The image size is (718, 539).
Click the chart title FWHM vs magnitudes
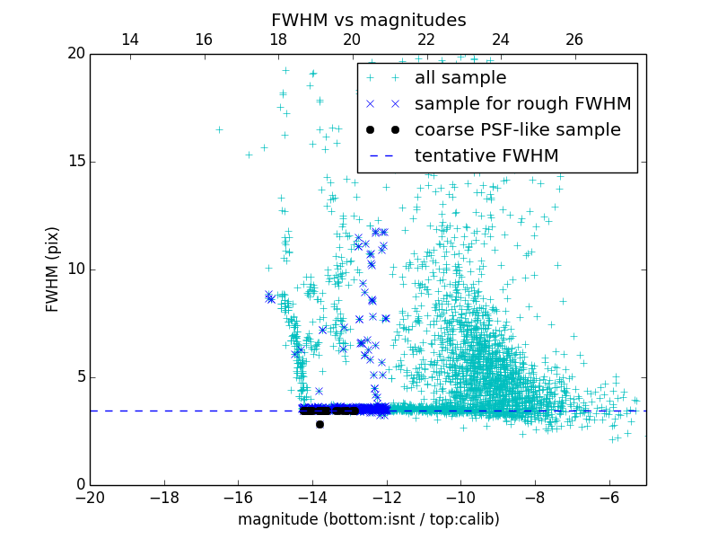click(x=368, y=20)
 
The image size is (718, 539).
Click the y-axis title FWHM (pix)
click(x=53, y=269)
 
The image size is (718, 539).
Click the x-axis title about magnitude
click(x=368, y=519)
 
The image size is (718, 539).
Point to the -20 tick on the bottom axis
click(x=90, y=497)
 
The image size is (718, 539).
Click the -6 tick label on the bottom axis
click(x=609, y=497)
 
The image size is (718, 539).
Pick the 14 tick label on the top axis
click(x=129, y=40)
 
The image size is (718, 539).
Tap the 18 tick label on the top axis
click(x=277, y=40)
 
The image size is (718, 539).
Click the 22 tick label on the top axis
click(x=426, y=40)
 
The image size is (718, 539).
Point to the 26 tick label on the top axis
click(x=574, y=40)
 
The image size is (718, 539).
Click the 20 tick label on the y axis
click(x=75, y=54)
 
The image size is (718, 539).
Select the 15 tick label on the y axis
click(x=75, y=162)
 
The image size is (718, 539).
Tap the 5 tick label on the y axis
click(x=80, y=377)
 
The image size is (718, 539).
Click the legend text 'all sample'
click(x=460, y=78)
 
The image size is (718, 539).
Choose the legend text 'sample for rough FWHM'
click(x=522, y=104)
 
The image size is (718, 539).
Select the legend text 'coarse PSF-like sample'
click(x=517, y=129)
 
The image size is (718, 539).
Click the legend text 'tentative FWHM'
click(x=486, y=155)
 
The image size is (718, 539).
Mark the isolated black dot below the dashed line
click(x=320, y=424)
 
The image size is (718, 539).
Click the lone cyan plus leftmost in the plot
click(x=219, y=129)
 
